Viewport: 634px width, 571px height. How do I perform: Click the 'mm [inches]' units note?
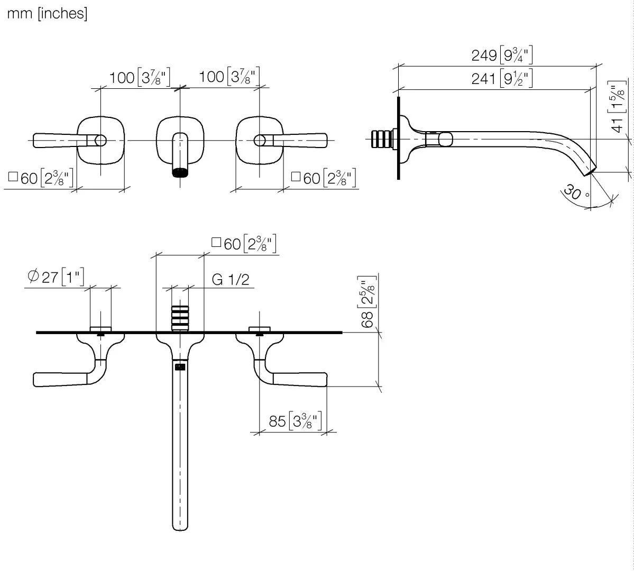click(47, 13)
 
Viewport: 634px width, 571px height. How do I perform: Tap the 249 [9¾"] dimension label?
click(502, 54)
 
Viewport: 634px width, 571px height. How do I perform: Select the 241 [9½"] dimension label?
click(502, 78)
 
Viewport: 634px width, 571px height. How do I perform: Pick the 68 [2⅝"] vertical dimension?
click(367, 302)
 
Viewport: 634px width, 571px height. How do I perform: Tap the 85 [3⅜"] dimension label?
click(295, 421)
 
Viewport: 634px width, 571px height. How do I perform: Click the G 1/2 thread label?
click(231, 280)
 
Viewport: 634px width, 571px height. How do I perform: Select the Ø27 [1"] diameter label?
click(56, 277)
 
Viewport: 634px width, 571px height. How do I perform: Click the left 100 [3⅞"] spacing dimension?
click(140, 77)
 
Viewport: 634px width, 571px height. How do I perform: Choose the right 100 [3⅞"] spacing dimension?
click(229, 77)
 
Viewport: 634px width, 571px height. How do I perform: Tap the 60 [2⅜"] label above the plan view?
click(244, 244)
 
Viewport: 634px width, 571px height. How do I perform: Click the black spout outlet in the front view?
click(180, 173)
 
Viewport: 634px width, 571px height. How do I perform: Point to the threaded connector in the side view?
click(382, 140)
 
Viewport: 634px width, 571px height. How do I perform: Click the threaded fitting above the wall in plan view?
click(180, 318)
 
